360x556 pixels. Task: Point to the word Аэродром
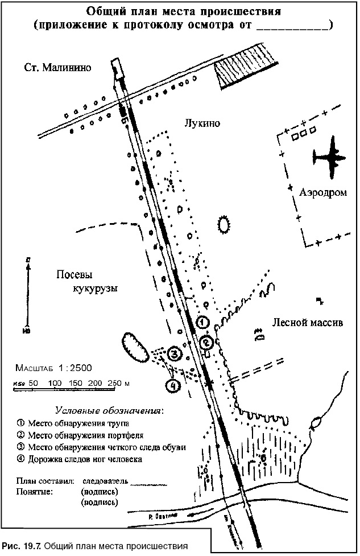tap(323, 193)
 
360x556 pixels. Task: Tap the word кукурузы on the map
tap(95, 289)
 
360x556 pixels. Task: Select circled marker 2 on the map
tap(207, 342)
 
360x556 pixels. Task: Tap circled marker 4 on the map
tap(172, 385)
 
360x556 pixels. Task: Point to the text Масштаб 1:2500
tap(55, 368)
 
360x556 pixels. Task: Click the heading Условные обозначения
tap(109, 410)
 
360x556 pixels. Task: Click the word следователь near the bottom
tap(105, 481)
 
